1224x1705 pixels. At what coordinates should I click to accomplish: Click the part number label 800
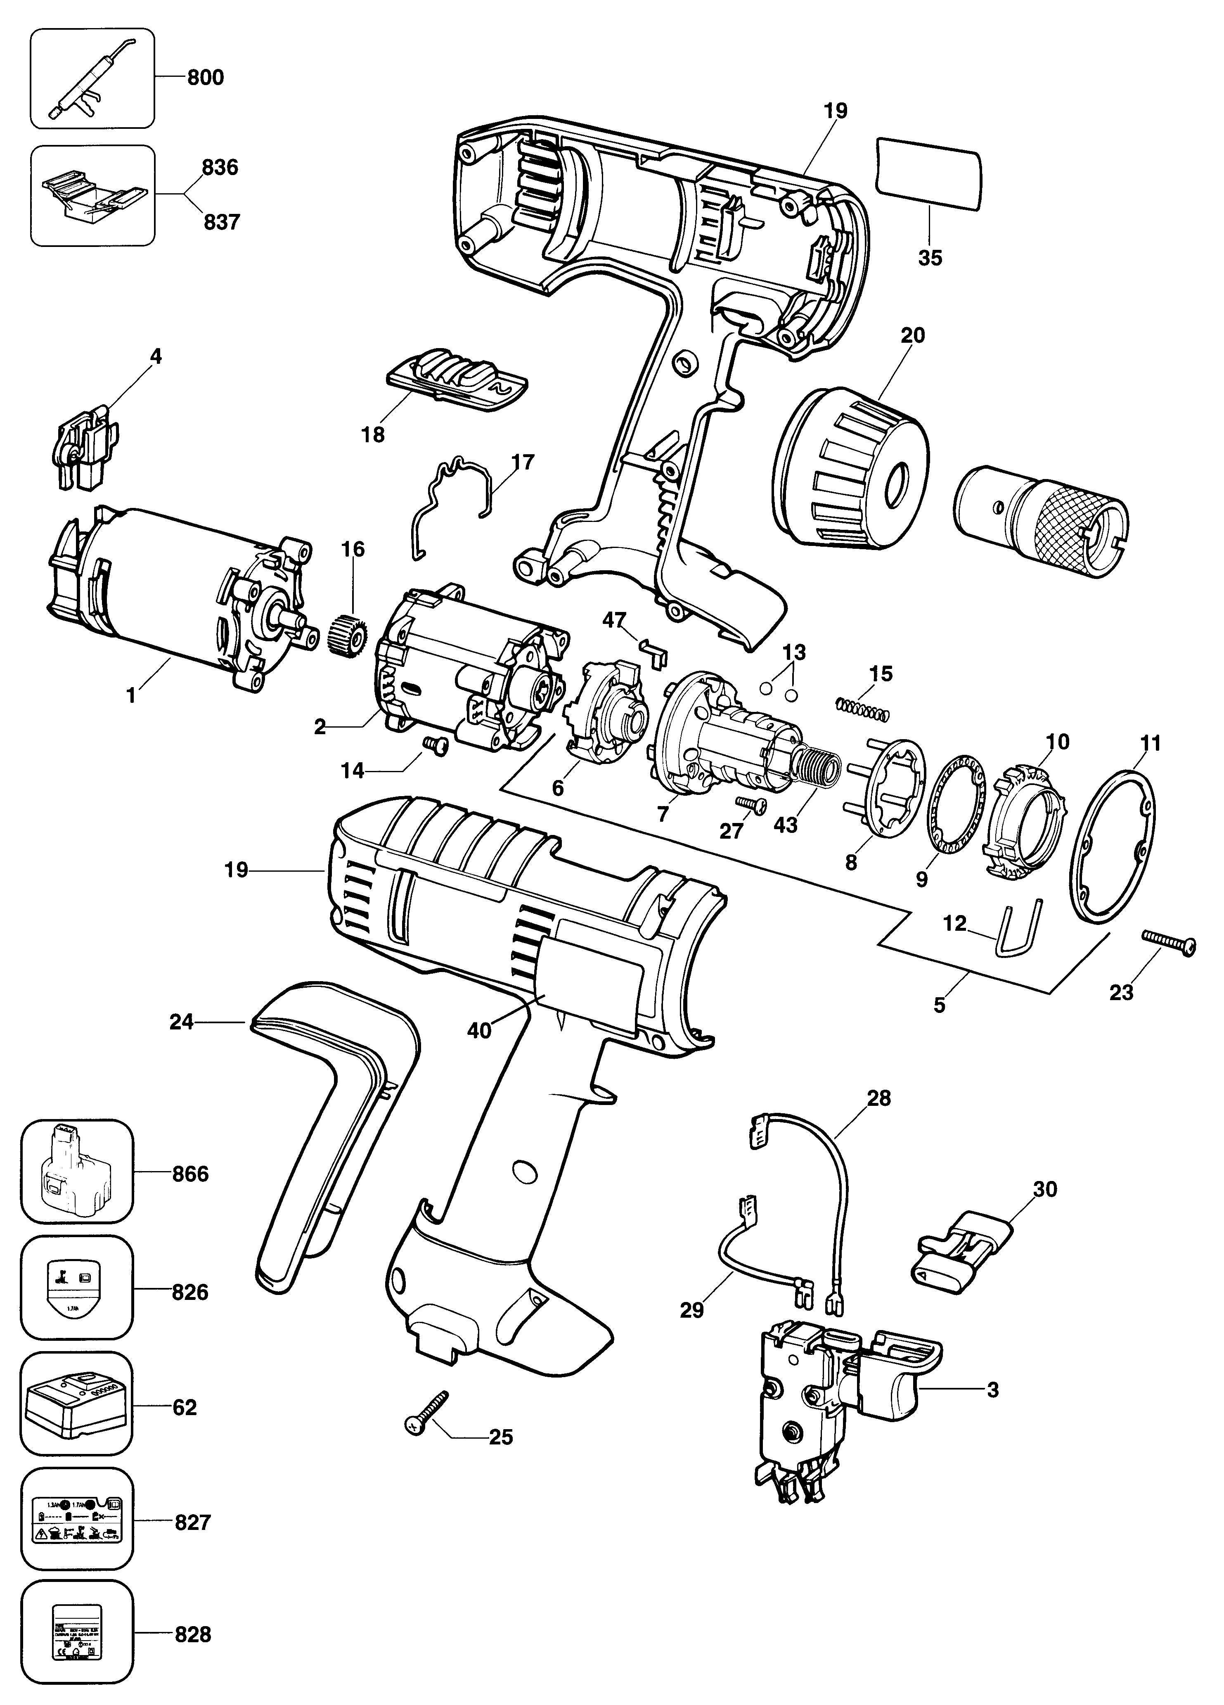(204, 78)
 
